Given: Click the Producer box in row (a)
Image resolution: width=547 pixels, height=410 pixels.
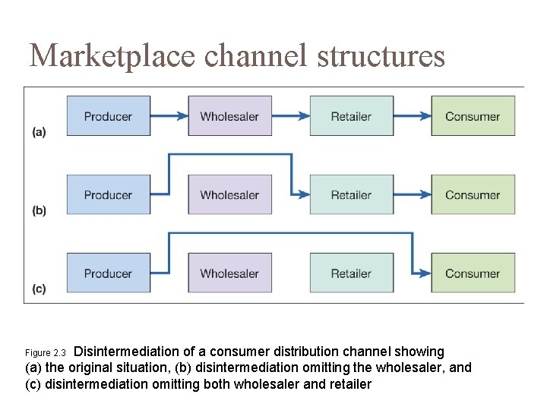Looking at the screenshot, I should click(108, 116).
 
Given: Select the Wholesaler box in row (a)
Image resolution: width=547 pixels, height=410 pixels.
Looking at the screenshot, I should click(229, 116).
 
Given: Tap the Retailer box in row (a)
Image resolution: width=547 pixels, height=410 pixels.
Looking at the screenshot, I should click(351, 116).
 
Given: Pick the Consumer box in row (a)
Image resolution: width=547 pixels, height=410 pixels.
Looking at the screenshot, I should click(473, 116).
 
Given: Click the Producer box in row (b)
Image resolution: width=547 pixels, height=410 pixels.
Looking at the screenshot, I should click(108, 195).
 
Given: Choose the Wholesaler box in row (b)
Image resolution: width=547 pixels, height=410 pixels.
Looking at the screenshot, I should click(229, 195).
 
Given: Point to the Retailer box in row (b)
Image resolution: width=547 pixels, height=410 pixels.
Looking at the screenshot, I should click(351, 195).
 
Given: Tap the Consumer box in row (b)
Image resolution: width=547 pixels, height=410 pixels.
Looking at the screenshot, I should click(473, 195).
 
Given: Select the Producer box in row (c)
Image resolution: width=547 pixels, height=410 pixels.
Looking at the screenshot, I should click(108, 273).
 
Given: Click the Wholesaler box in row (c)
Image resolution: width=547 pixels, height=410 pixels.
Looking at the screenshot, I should click(229, 273).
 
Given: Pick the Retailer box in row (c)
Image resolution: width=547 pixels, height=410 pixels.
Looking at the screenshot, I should click(351, 273).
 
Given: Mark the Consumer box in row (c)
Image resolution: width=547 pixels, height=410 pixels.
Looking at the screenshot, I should click(473, 273).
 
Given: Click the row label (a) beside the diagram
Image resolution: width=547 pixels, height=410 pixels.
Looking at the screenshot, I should click(39, 132).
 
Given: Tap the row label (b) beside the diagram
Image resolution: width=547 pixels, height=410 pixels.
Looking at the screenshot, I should click(39, 210).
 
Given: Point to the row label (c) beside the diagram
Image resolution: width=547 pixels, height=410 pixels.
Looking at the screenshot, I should click(39, 289).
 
